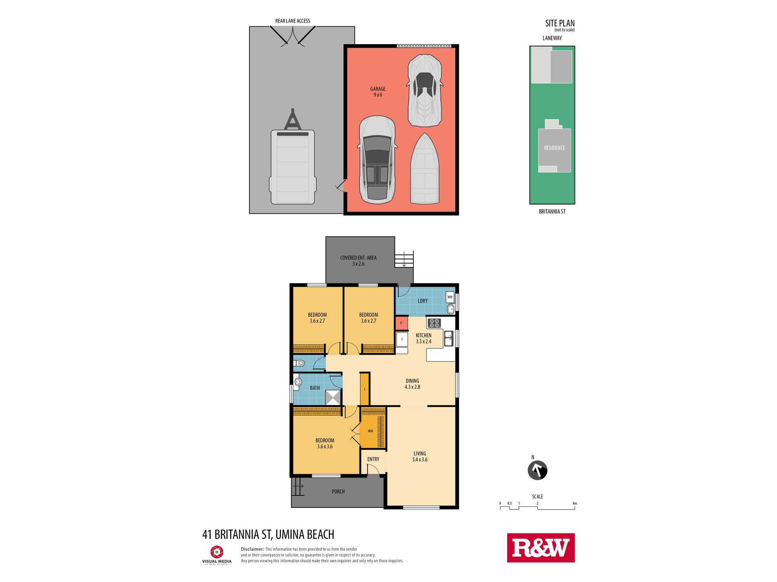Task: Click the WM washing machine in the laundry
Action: (x=450, y=297)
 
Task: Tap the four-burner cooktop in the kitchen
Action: (x=434, y=323)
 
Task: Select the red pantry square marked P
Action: (x=401, y=323)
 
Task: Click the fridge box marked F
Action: (x=402, y=339)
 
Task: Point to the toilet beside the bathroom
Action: (x=299, y=364)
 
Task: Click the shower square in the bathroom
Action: (x=333, y=398)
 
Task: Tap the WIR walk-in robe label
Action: (x=370, y=431)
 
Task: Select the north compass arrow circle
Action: (x=537, y=470)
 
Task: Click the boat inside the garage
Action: (x=425, y=168)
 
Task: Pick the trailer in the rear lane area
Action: (x=293, y=157)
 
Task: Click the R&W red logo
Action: (x=541, y=547)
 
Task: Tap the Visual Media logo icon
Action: (x=217, y=552)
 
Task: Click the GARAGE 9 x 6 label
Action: (x=378, y=92)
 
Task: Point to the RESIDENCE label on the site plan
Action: (x=554, y=148)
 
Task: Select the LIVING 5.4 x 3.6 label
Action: (x=420, y=456)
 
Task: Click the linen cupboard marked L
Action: (x=364, y=389)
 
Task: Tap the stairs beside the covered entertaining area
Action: (x=404, y=259)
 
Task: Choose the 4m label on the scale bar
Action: (x=575, y=503)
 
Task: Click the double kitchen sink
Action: (x=448, y=338)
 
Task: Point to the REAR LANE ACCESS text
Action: (x=293, y=21)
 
